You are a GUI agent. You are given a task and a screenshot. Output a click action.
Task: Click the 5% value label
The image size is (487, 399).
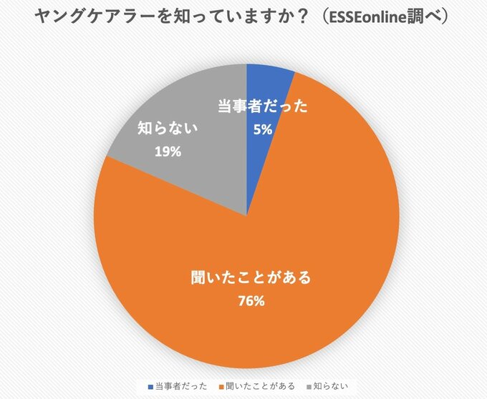pyautogui.click(x=262, y=129)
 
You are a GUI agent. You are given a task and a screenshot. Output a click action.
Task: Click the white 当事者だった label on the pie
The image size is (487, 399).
pyautogui.click(x=262, y=107)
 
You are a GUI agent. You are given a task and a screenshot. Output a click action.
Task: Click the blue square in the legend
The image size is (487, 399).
pyautogui.click(x=150, y=387)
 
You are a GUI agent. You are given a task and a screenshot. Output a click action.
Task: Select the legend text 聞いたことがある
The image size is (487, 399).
pyautogui.click(x=259, y=387)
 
